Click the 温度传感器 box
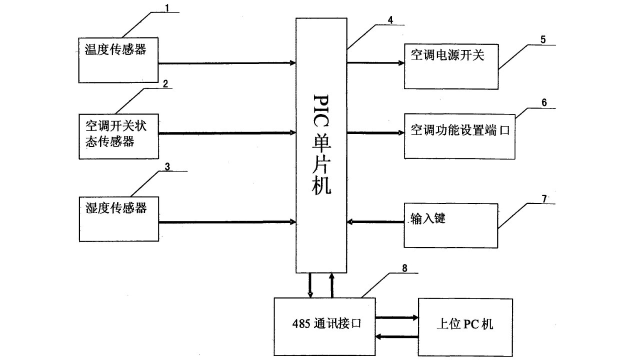click(x=118, y=59)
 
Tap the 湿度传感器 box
click(x=118, y=219)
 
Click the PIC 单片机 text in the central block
click(x=320, y=145)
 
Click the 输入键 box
click(x=450, y=225)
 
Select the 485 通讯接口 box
click(x=324, y=326)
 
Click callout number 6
click(x=544, y=102)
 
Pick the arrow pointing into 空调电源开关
click(x=375, y=63)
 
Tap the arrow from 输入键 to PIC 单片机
click(x=375, y=221)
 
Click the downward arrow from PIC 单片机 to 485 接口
click(x=310, y=285)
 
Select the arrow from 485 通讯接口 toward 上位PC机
click(x=396, y=317)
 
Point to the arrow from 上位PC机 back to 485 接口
click(x=396, y=336)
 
